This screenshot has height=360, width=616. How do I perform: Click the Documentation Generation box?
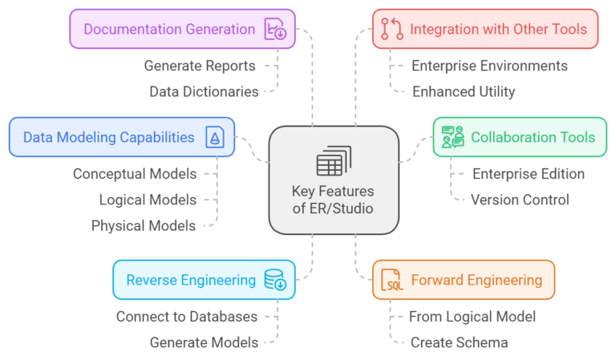point(182,30)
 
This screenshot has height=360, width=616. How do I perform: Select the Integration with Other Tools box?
point(485,30)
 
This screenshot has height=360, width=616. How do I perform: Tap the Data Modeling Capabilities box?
point(121,137)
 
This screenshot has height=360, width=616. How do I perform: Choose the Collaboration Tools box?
point(519,137)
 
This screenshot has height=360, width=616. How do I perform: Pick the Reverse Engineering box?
point(204,280)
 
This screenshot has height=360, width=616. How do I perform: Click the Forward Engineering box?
point(463,280)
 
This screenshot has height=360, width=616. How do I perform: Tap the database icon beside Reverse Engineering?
point(275,280)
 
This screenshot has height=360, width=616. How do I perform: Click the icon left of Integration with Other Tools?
point(391,30)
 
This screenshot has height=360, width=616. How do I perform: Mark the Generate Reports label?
point(200,66)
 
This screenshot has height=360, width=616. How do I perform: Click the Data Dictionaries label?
point(204,91)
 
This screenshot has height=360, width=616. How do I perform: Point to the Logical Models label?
point(148,199)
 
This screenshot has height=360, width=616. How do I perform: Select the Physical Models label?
point(144,225)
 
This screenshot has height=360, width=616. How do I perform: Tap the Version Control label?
point(520,199)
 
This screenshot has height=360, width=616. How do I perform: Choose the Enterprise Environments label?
point(489,66)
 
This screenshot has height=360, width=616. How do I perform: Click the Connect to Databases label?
point(186,317)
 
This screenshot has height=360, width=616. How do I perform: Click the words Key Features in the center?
point(334,193)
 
